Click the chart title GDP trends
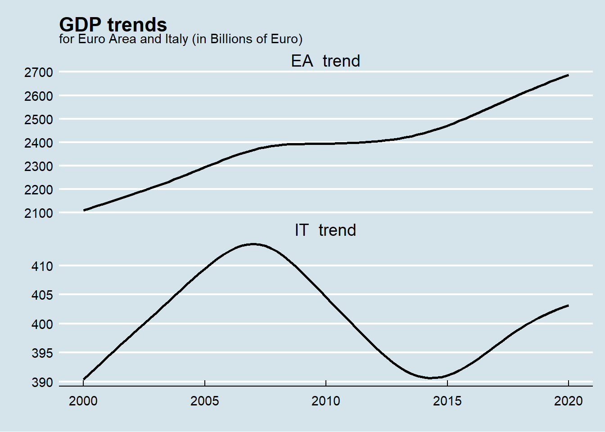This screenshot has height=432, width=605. click(113, 25)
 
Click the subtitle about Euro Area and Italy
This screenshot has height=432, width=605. click(181, 39)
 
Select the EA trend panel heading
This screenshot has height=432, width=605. click(325, 61)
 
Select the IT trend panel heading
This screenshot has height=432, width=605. click(325, 230)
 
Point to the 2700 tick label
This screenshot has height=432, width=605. click(39, 72)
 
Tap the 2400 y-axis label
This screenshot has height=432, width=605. click(39, 143)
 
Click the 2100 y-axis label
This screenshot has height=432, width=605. click(39, 213)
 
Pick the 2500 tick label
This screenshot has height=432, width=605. click(39, 120)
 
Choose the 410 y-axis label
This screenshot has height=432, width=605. click(42, 266)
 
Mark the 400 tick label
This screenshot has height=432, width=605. click(42, 324)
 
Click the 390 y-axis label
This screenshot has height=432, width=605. click(42, 382)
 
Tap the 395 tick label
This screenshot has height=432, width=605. click(42, 353)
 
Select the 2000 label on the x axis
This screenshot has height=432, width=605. click(83, 401)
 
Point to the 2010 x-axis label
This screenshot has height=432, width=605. click(326, 401)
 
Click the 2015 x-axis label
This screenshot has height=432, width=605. click(447, 401)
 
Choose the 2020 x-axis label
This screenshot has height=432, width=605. click(569, 401)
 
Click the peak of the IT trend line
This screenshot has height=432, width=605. click(253, 244)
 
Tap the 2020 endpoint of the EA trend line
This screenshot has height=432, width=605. click(568, 75)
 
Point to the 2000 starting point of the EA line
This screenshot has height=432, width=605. click(84, 210)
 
